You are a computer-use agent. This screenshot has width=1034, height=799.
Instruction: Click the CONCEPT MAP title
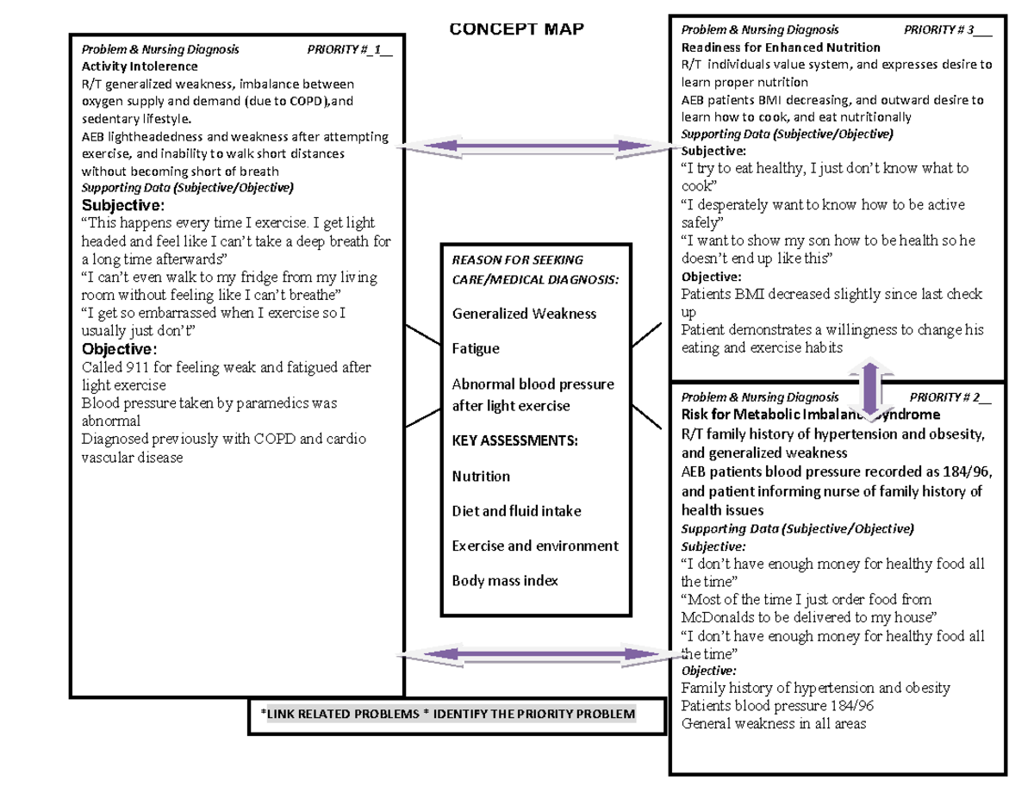click(516, 30)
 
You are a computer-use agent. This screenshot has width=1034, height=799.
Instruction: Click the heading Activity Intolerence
click(139, 66)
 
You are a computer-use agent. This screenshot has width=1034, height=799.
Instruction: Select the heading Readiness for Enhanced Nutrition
click(781, 47)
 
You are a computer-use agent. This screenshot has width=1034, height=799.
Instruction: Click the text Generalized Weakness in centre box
click(524, 314)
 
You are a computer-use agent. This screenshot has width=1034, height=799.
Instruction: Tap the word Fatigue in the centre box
click(476, 349)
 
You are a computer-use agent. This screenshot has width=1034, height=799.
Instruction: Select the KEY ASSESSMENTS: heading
click(515, 441)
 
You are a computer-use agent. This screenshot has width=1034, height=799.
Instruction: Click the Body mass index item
click(505, 581)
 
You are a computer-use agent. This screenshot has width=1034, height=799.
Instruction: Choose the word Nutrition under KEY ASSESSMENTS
click(481, 477)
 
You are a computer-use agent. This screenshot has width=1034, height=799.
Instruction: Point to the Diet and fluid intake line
click(516, 511)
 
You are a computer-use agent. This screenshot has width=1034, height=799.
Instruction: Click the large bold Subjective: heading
click(120, 206)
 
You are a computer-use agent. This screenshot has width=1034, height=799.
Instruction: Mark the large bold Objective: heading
click(119, 349)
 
